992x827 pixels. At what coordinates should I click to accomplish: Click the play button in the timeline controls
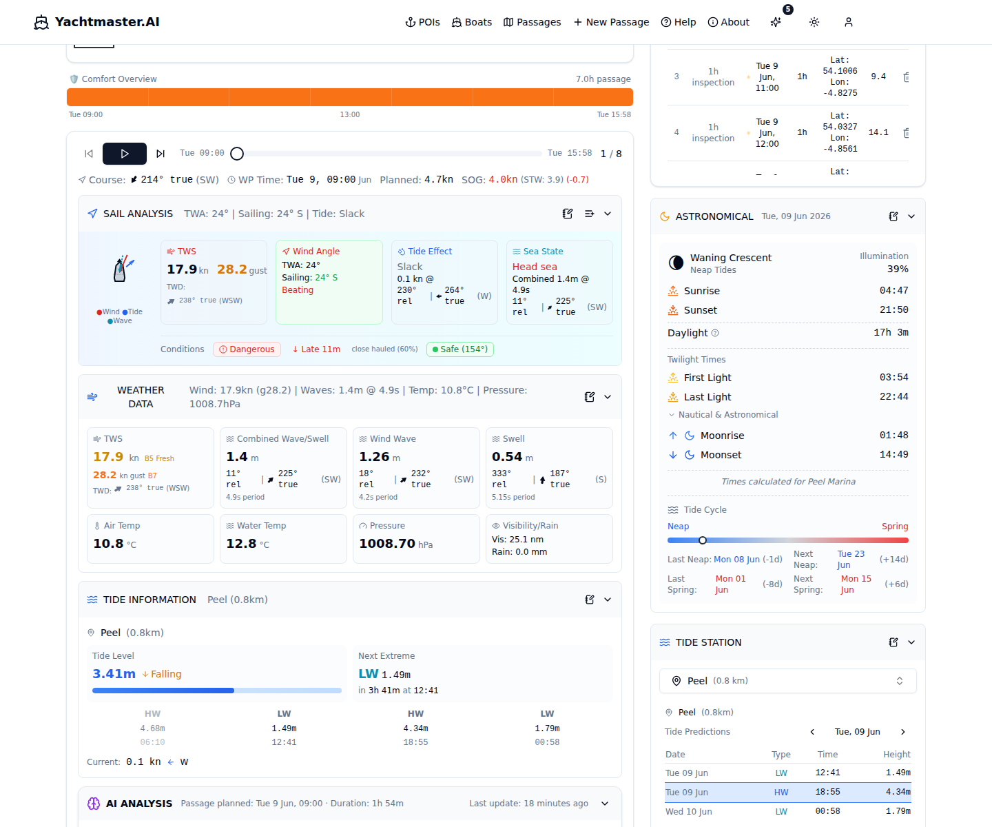tap(125, 154)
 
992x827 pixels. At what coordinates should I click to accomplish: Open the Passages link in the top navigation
tap(532, 22)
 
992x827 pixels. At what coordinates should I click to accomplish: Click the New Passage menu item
tap(611, 22)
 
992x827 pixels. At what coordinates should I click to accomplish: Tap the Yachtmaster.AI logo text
tap(107, 22)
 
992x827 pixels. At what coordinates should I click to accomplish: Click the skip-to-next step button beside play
tap(161, 154)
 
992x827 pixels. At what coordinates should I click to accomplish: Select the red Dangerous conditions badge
tap(247, 349)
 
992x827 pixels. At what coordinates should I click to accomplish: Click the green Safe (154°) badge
tap(460, 349)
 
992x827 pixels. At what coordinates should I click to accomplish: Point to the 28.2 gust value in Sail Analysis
tap(232, 269)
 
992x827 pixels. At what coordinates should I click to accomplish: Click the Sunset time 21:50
tap(893, 310)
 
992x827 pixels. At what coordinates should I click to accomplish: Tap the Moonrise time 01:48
tap(893, 436)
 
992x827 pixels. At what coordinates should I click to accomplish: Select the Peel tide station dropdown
tap(787, 681)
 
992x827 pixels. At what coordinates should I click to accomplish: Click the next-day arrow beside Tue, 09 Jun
tap(903, 732)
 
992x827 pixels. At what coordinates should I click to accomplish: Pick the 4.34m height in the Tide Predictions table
tap(898, 792)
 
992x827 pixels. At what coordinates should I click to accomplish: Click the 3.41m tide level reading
tap(114, 674)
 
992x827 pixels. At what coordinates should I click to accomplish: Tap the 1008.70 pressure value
tap(386, 544)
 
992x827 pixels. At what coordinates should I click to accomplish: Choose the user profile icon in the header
tap(849, 22)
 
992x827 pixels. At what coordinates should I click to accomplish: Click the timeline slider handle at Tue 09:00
tap(237, 154)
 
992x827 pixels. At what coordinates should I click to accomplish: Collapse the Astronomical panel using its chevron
tap(911, 216)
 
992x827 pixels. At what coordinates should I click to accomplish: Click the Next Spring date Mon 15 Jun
tap(856, 584)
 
